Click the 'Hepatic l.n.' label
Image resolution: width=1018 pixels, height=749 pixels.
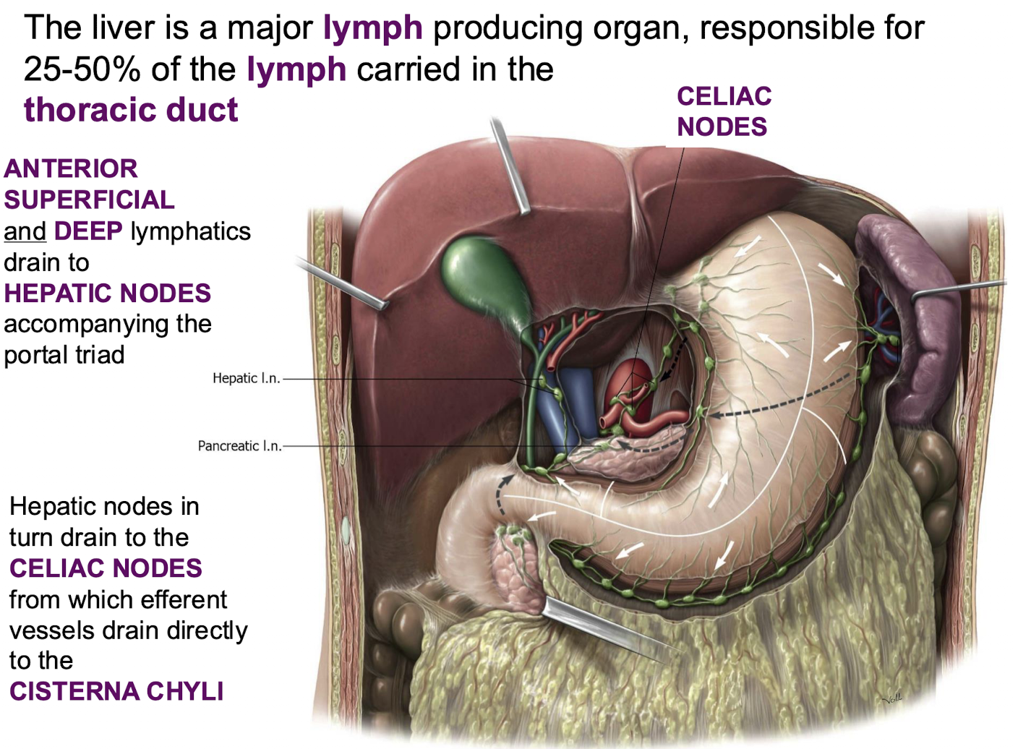click(246, 378)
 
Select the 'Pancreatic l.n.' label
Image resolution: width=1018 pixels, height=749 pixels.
click(239, 446)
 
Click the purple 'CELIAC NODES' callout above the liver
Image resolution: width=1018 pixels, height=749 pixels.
click(723, 111)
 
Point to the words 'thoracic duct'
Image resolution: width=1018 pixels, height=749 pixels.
click(131, 110)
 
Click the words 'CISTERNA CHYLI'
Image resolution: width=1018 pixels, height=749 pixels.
click(116, 691)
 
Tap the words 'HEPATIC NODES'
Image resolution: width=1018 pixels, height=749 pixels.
click(107, 293)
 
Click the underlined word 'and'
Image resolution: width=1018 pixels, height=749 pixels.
click(25, 231)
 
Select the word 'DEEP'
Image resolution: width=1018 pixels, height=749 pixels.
click(88, 231)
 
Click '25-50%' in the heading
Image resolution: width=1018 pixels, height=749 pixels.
click(82, 69)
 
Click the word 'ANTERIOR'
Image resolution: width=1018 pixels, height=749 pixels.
click(71, 168)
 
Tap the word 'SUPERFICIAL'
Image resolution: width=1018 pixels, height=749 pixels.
click(89, 200)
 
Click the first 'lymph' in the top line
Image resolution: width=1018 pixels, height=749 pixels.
click(372, 28)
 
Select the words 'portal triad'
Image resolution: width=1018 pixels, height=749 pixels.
click(64, 355)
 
